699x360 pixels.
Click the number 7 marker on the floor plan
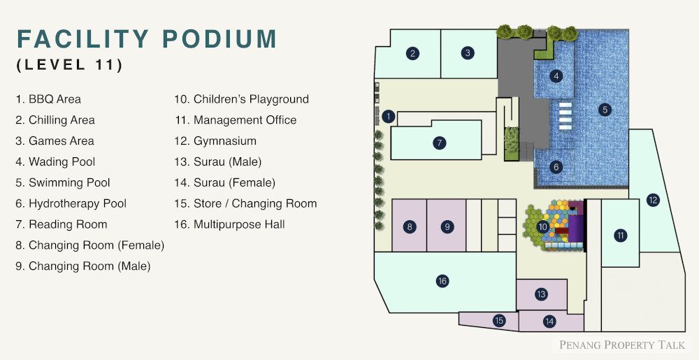[x=439, y=143]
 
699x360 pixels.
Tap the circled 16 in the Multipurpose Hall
[x=442, y=281]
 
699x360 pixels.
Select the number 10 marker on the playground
[x=542, y=226]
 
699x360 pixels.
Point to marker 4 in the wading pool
[x=556, y=76]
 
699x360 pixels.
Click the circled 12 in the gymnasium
[x=653, y=200]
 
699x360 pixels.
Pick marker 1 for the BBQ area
[x=389, y=117]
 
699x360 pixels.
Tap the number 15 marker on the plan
[x=499, y=320]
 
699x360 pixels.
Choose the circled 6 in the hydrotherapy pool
[x=556, y=167]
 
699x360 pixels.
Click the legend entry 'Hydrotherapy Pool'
[x=71, y=204]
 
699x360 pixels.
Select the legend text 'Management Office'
[x=236, y=120]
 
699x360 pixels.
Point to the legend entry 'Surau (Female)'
[x=224, y=182]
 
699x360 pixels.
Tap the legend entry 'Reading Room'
[x=61, y=224]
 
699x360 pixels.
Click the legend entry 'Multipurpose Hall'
[x=229, y=224]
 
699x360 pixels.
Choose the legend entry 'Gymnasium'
[x=215, y=141]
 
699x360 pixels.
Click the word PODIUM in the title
[x=219, y=38]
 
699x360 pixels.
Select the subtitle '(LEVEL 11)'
[x=69, y=64]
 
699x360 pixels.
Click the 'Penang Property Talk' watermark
[x=622, y=345]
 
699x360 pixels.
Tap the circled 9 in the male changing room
[x=447, y=226]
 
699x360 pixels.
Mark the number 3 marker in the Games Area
[x=467, y=53]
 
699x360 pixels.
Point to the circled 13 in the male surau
[x=541, y=294]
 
